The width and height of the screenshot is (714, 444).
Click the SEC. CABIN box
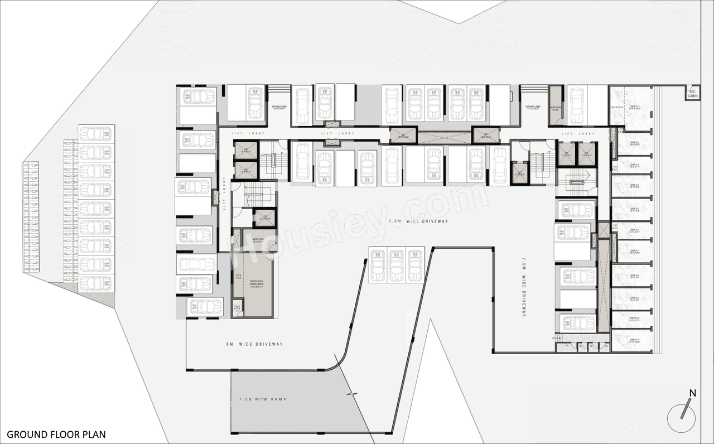pyautogui.click(x=693, y=93)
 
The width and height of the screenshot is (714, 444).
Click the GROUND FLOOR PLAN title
pyautogui.click(x=56, y=434)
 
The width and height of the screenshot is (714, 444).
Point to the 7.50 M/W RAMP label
pyautogui.click(x=262, y=400)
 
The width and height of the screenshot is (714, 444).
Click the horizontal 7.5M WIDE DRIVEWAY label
pyautogui.click(x=418, y=221)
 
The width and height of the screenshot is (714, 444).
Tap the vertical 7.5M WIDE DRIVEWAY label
pyautogui.click(x=524, y=287)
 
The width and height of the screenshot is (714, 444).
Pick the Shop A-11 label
pyautogui.click(x=634, y=341)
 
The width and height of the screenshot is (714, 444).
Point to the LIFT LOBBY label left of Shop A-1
pyautogui.click(x=575, y=134)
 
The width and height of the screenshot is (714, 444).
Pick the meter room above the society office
pyautogui.click(x=258, y=241)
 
